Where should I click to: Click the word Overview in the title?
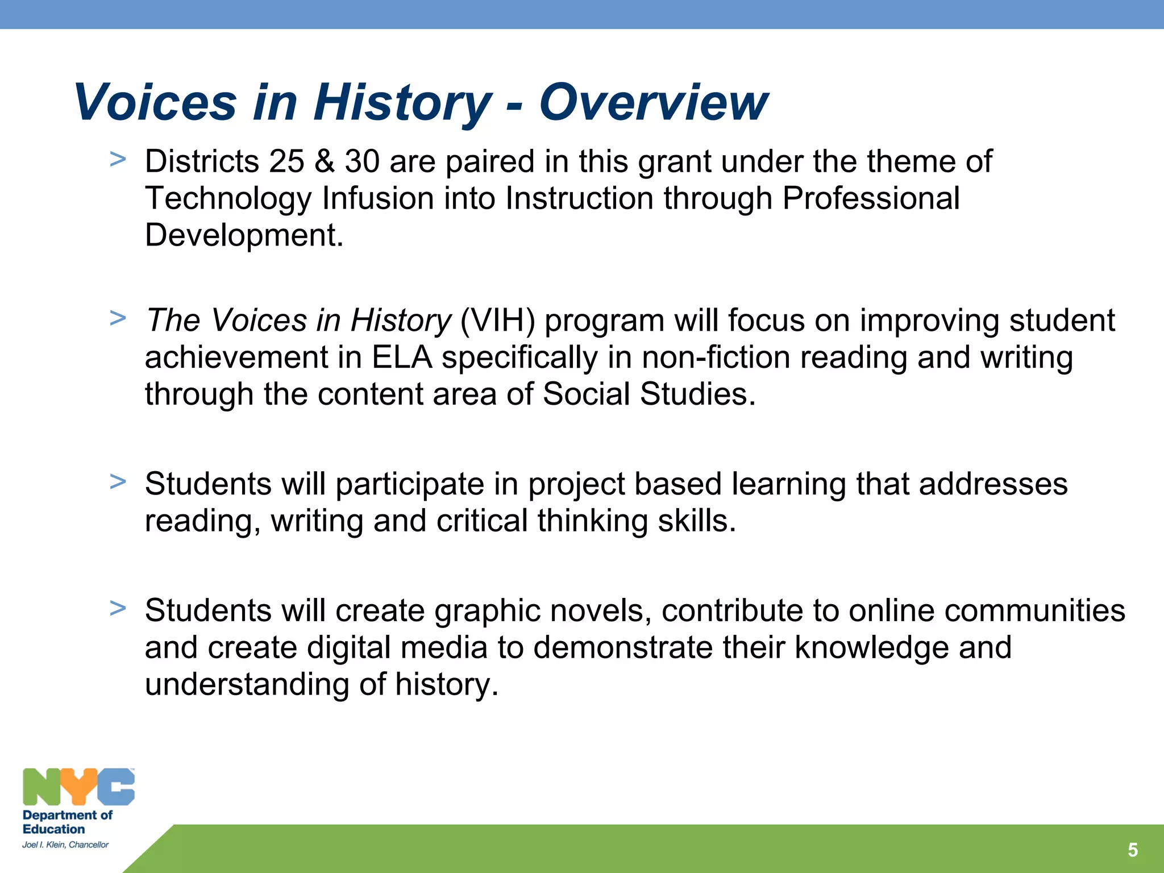(653, 102)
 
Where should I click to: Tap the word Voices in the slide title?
(155, 102)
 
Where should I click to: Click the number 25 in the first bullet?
(286, 161)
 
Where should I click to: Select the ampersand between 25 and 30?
(325, 161)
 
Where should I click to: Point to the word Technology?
(228, 199)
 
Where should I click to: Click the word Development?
(244, 235)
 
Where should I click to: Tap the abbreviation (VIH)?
(497, 321)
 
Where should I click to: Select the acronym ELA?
(402, 357)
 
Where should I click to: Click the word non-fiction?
(716, 357)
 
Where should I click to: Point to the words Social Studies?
(648, 394)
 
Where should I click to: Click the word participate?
(409, 485)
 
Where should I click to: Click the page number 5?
(1132, 850)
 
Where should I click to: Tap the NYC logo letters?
(78, 787)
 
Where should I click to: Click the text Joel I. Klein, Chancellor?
(65, 845)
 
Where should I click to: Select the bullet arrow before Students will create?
(118, 608)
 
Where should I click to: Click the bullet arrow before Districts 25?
(118, 160)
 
